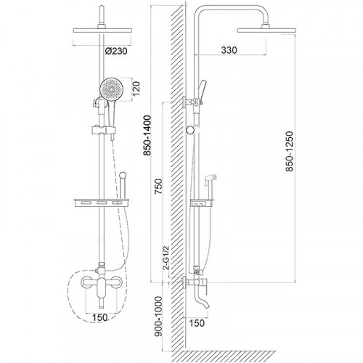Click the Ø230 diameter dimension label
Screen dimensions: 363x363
click(x=116, y=51)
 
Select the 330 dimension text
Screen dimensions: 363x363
click(x=229, y=50)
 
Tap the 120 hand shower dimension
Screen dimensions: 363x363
click(x=136, y=89)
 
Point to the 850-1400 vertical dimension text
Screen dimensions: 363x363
click(x=147, y=135)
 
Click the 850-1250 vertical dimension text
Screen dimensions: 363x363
click(x=289, y=152)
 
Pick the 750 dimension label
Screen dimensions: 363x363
click(x=158, y=187)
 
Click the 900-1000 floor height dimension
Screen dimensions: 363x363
click(x=158, y=316)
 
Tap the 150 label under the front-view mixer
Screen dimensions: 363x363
click(x=99, y=317)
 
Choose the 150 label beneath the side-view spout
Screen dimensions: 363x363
click(x=197, y=323)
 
